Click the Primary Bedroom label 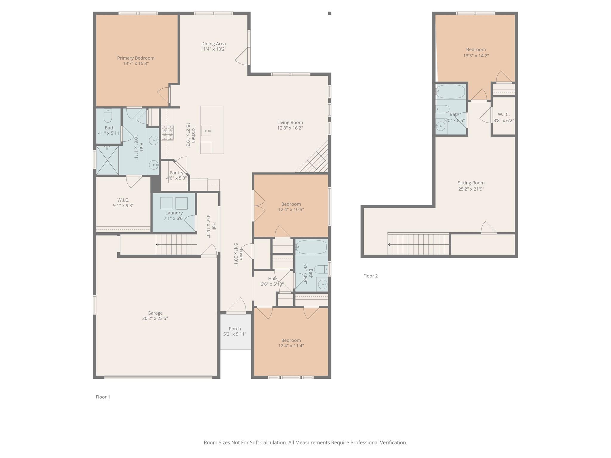(135, 58)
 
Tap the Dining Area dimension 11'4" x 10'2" (213, 49)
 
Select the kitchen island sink (206, 131)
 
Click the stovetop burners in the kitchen (168, 133)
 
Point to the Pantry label (176, 173)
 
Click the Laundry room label (174, 213)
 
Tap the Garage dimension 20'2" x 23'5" (155, 318)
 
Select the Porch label (235, 329)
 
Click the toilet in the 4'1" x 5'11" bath (108, 115)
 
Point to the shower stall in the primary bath (107, 160)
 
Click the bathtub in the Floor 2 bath (450, 92)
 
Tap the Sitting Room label (471, 183)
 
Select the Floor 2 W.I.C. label (504, 114)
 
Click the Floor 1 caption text (103, 397)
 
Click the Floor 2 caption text (370, 276)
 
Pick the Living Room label (290, 123)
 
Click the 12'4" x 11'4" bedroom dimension (291, 346)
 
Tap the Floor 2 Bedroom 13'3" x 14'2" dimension (476, 56)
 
